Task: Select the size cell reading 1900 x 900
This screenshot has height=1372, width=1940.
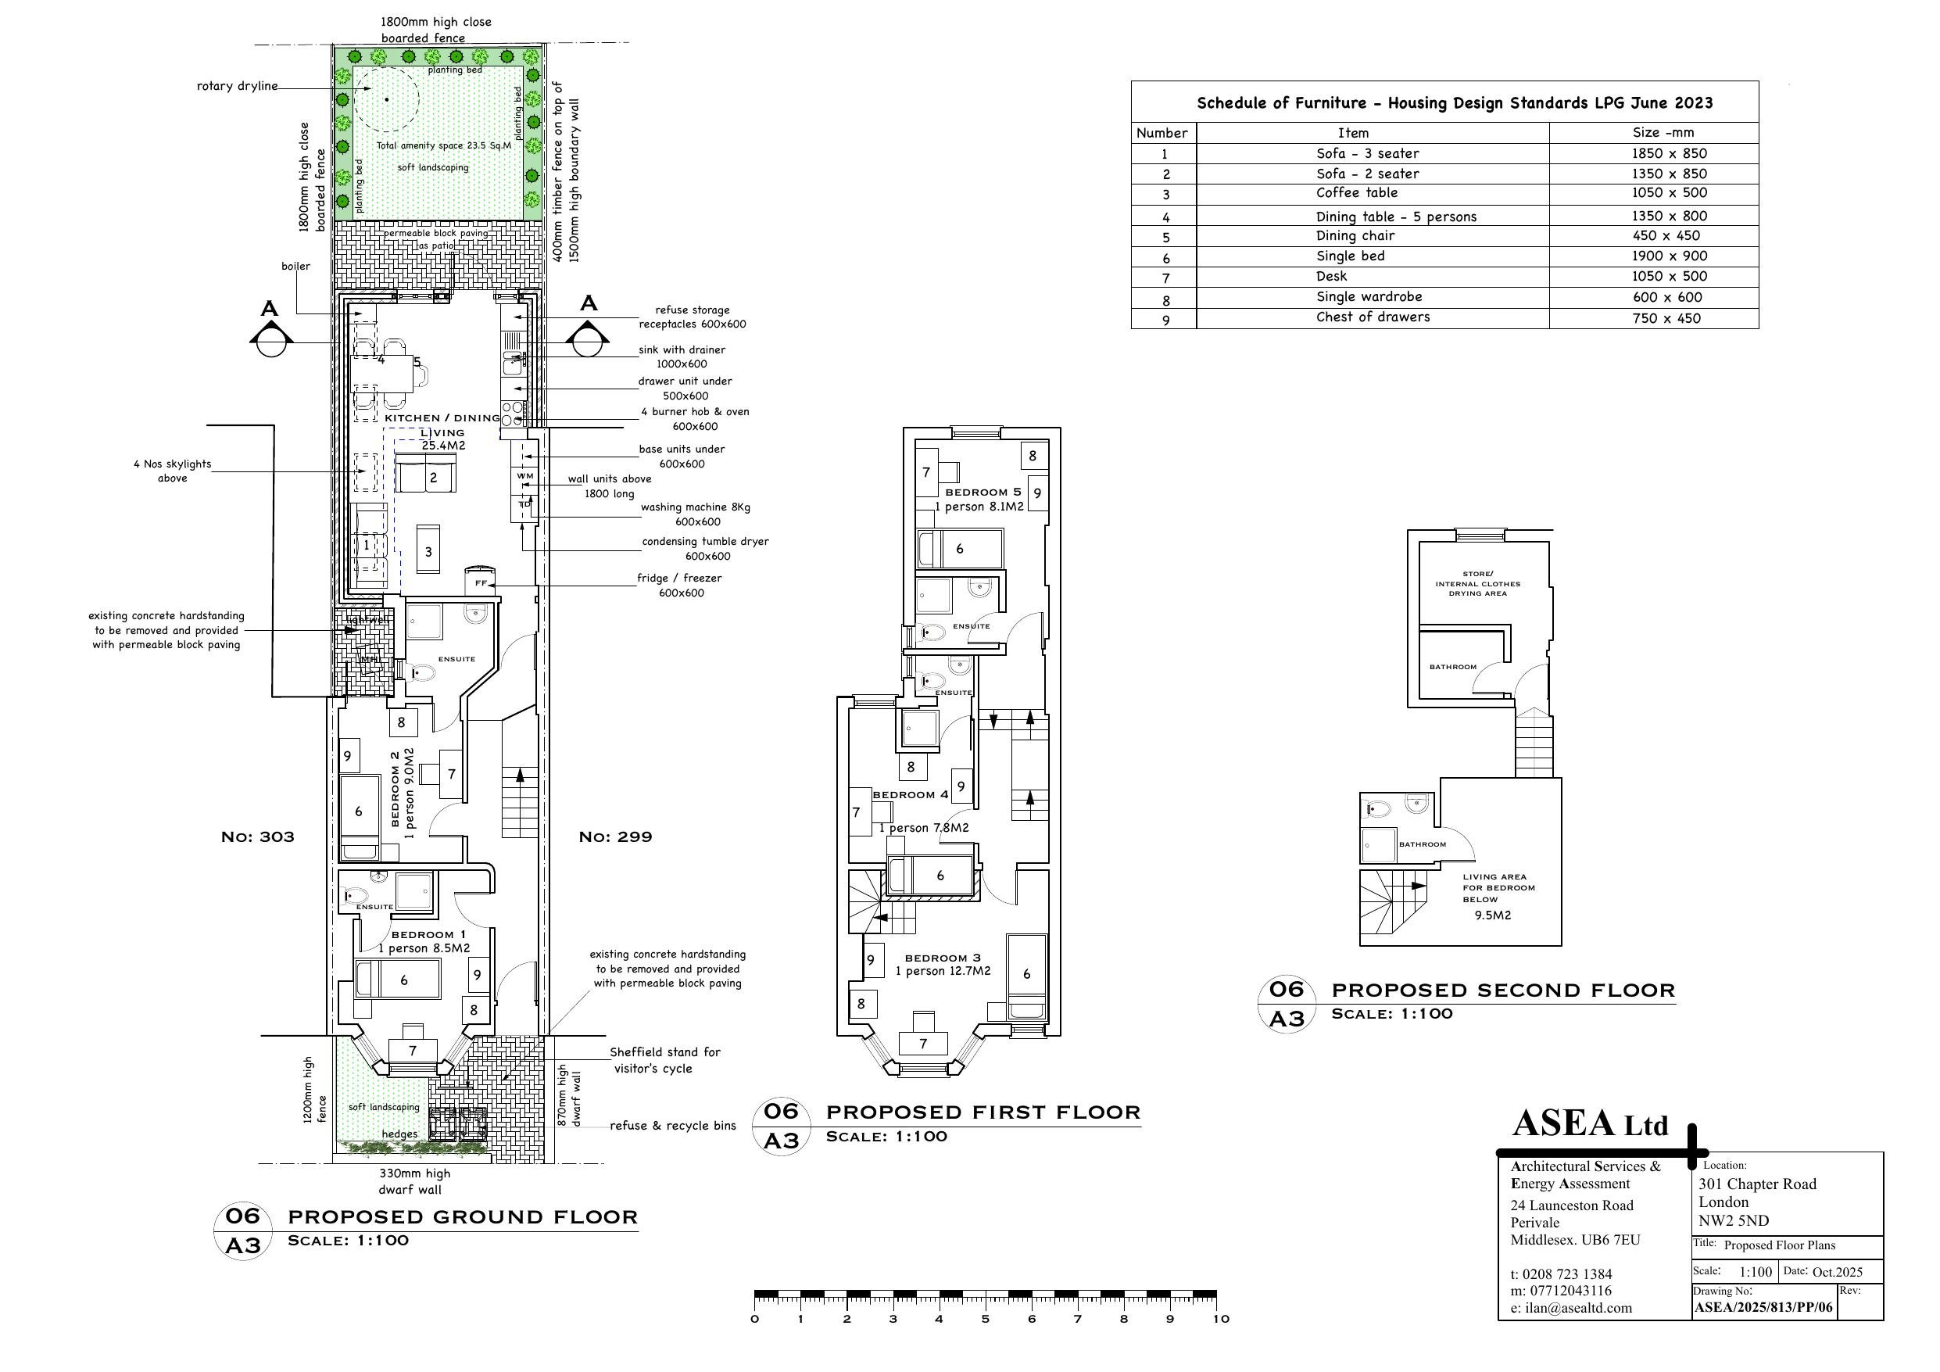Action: pos(1669,256)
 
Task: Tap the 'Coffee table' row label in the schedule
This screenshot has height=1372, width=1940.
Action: pos(1357,193)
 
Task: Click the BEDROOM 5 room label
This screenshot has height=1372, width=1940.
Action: pos(983,492)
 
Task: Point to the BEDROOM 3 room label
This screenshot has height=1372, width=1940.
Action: pos(943,958)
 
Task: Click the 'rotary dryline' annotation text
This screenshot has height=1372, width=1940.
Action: pos(237,86)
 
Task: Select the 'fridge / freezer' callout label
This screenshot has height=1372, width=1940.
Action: pos(679,579)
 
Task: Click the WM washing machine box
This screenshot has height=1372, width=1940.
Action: pos(524,477)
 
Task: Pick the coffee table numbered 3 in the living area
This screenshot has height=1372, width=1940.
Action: pos(428,551)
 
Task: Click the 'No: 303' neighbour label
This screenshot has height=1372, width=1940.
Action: pos(258,837)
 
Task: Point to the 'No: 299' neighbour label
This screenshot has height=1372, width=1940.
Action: pos(615,837)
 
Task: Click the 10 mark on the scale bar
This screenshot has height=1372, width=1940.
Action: pos(1221,1319)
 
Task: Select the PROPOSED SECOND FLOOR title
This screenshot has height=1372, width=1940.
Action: pos(1503,990)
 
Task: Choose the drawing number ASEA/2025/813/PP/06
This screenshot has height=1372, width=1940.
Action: pos(1763,1308)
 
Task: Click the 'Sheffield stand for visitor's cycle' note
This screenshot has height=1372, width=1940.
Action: pos(665,1060)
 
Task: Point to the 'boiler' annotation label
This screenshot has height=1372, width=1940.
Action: pos(295,267)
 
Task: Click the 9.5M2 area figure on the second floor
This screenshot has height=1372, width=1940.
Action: pos(1493,915)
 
